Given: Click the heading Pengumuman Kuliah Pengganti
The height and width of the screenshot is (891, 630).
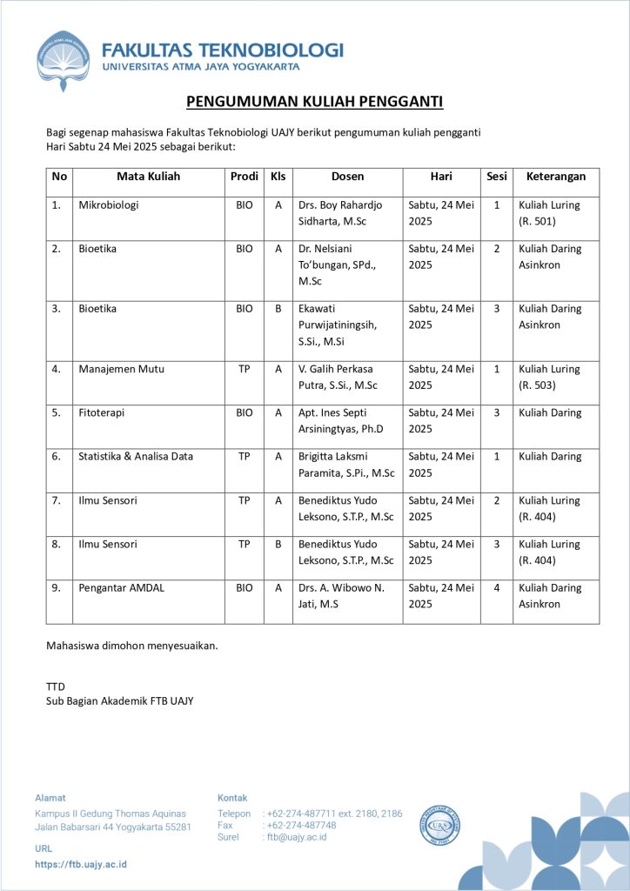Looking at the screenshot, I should pyautogui.click(x=315, y=103).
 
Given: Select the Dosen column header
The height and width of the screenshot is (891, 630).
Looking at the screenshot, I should pyautogui.click(x=347, y=177).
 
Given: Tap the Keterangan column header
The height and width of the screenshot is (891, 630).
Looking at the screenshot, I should pyautogui.click(x=556, y=177).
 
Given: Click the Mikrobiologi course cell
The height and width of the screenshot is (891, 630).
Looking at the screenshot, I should pyautogui.click(x=109, y=205).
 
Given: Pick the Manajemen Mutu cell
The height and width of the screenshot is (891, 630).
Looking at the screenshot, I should pyautogui.click(x=121, y=369).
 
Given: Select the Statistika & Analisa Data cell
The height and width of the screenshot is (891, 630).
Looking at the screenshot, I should pyautogui.click(x=136, y=456).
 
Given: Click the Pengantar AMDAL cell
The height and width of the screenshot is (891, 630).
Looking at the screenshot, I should pyautogui.click(x=121, y=587).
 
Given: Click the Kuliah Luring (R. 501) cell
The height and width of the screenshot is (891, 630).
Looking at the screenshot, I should pyautogui.click(x=549, y=213).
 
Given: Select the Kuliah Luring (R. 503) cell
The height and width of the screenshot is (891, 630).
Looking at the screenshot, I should pyautogui.click(x=549, y=377).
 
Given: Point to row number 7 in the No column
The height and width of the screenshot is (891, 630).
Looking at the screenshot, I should pyautogui.click(x=57, y=500).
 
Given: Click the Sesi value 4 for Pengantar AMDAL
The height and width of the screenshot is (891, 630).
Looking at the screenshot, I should pyautogui.click(x=497, y=587).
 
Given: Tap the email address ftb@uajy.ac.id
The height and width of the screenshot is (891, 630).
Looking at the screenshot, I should pyautogui.click(x=297, y=837).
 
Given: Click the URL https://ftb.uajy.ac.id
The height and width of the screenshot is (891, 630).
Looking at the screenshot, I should pyautogui.click(x=81, y=864).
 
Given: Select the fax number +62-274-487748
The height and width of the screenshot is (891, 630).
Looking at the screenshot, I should pyautogui.click(x=301, y=825).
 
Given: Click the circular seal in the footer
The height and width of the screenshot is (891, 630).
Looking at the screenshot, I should pyautogui.click(x=440, y=824).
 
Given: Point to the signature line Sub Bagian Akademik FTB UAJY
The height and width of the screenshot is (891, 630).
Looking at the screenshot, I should pyautogui.click(x=119, y=700).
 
